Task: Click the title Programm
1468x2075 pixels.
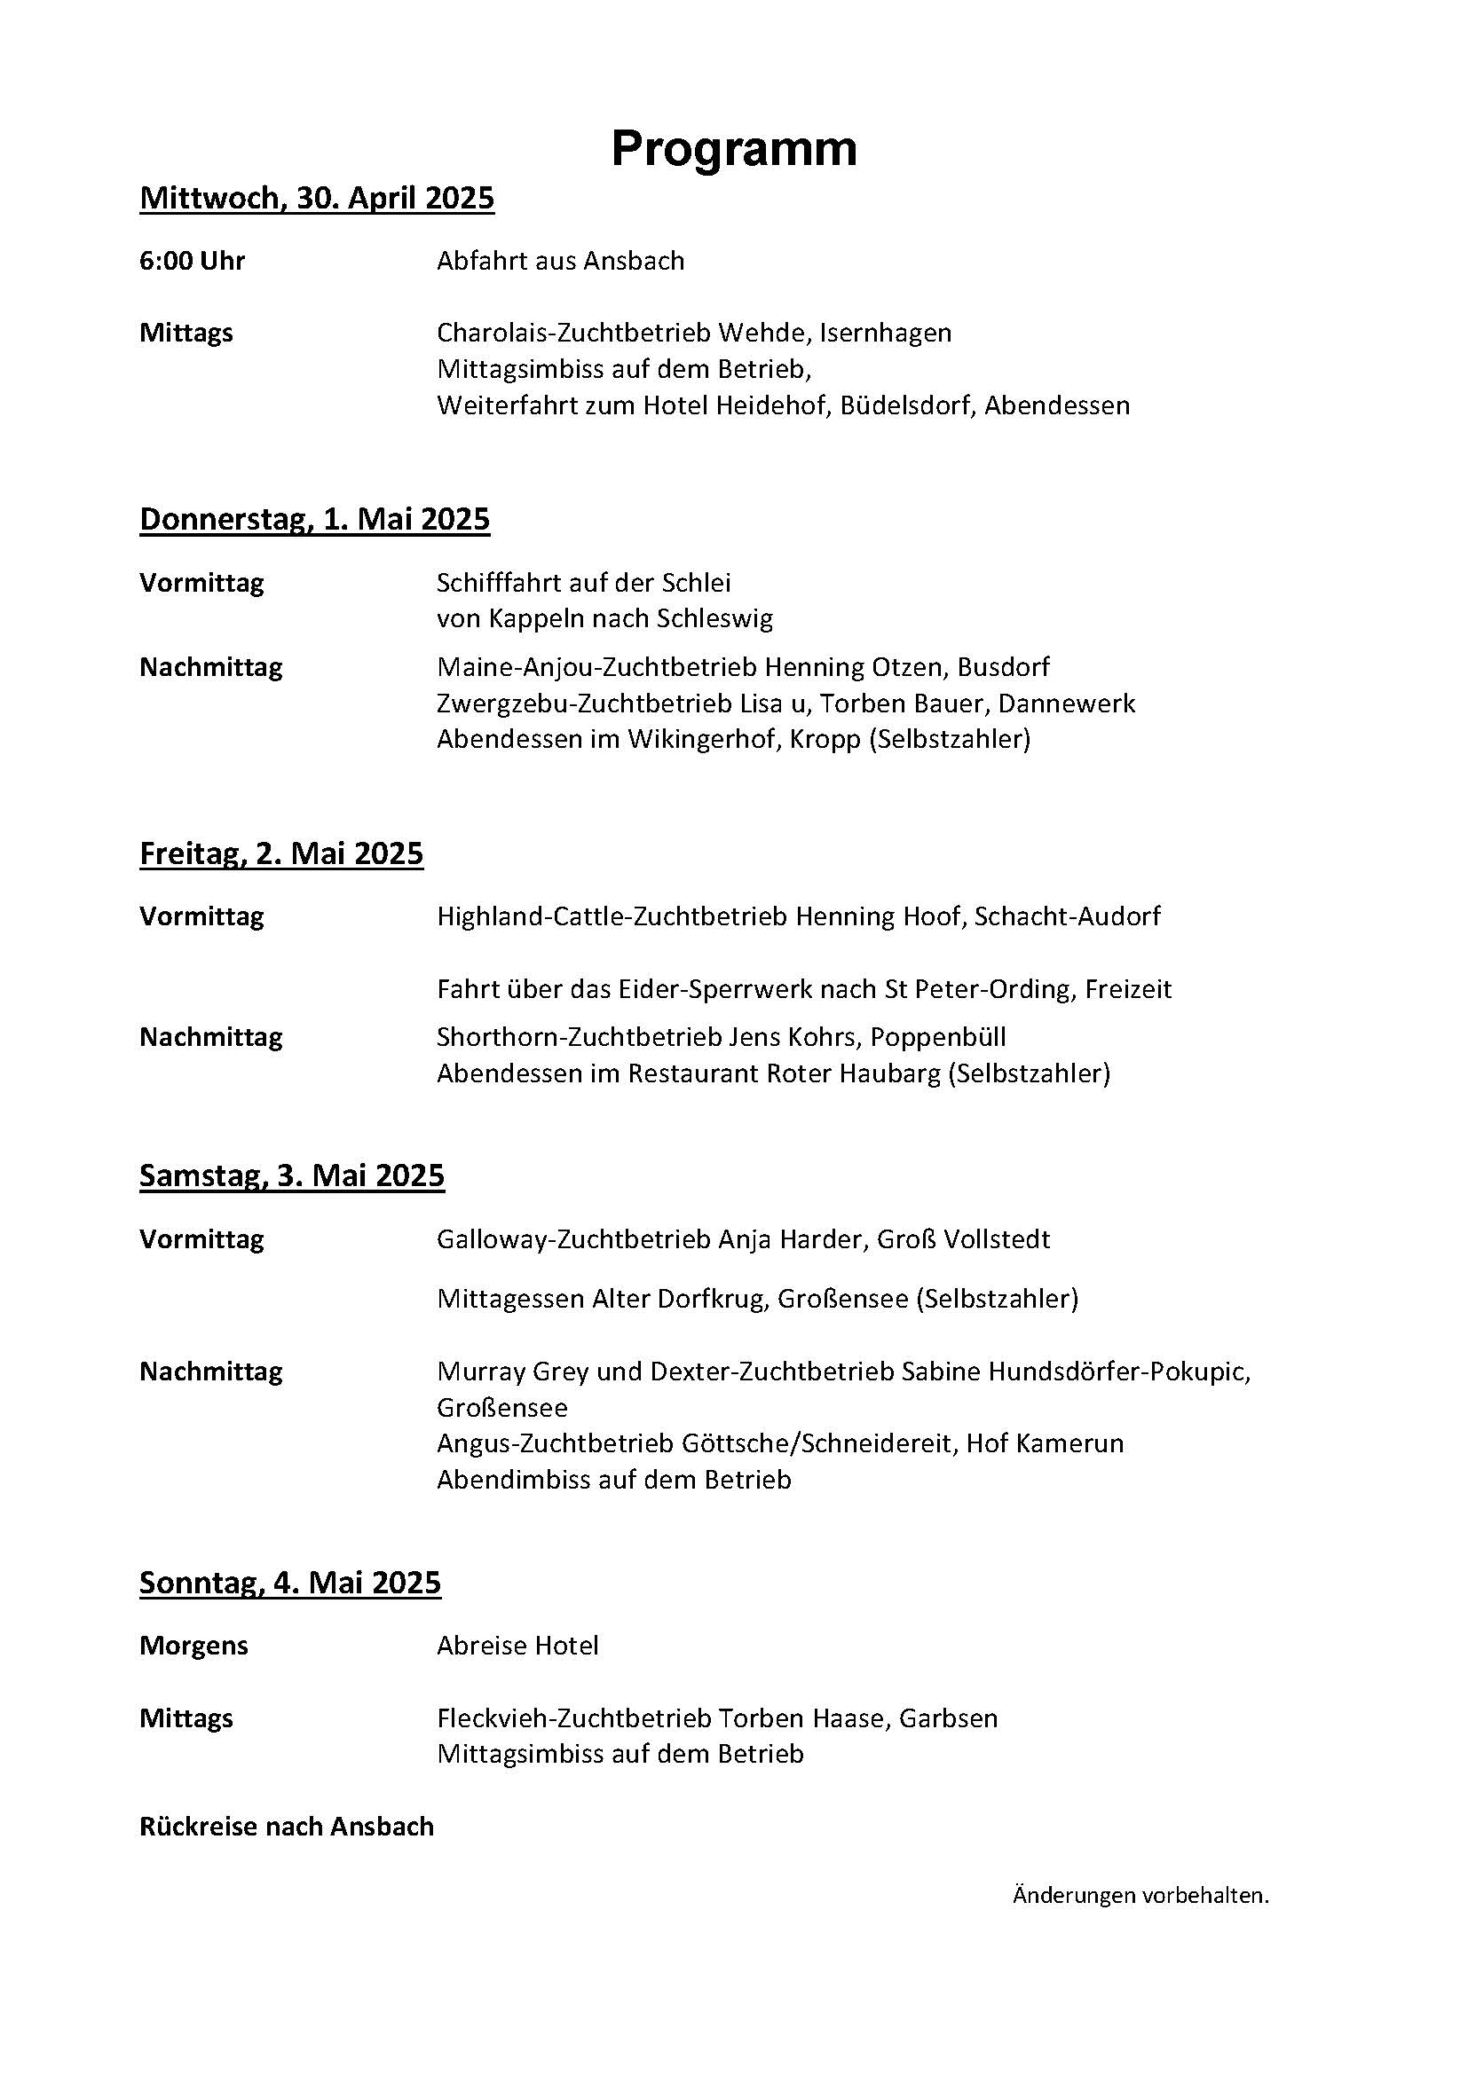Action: point(733,148)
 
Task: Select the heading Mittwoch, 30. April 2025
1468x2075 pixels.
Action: point(316,198)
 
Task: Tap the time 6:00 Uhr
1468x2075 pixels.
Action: point(192,261)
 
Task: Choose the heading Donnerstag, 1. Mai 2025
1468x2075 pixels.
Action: point(314,519)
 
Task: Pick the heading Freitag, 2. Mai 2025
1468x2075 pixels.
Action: point(281,853)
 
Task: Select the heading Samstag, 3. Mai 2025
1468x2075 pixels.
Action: point(292,1175)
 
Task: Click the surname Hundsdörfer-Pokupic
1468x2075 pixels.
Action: point(1120,1372)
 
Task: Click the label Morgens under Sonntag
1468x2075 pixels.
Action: point(193,1646)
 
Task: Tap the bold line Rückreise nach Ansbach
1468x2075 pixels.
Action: point(287,1827)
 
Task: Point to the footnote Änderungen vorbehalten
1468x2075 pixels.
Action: point(1140,1896)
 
